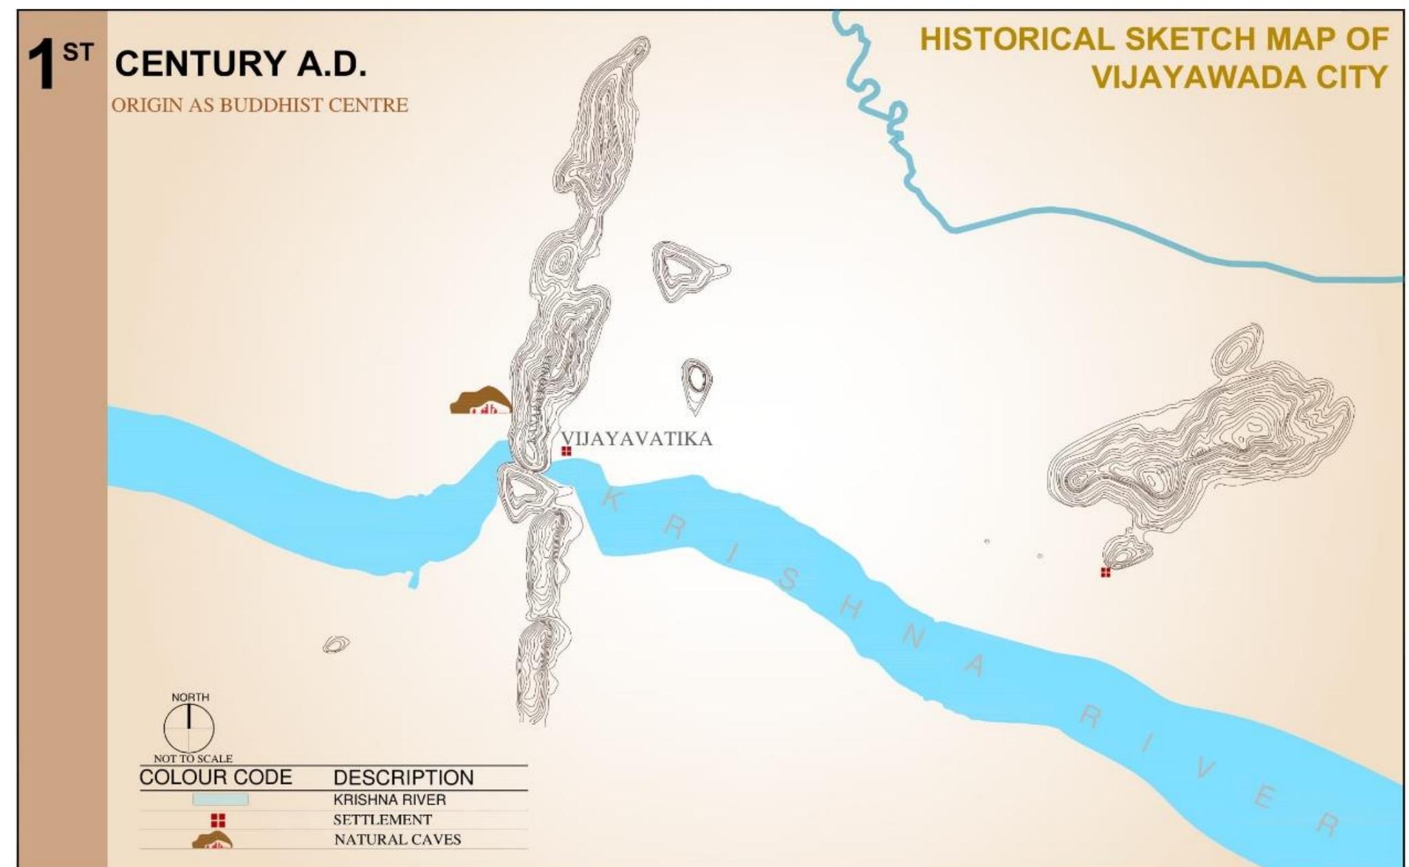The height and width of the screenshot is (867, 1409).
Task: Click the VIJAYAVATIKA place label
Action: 636,439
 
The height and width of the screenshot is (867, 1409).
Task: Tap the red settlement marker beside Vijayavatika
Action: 566,451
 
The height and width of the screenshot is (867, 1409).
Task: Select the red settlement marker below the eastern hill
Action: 1105,573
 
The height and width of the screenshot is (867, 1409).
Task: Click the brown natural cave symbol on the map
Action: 480,401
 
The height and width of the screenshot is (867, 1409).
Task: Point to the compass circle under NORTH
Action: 189,728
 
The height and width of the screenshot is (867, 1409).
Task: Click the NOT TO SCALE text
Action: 193,759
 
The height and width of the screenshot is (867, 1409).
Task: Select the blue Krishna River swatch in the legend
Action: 220,800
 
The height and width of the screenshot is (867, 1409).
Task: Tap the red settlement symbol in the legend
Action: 218,820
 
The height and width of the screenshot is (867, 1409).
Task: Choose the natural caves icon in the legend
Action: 212,840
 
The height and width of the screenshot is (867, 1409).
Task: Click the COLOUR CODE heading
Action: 216,778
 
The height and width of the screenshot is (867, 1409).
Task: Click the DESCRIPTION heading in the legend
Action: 404,778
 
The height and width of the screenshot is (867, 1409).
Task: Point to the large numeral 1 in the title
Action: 42,65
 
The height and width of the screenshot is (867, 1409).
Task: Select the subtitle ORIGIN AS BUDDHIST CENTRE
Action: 259,105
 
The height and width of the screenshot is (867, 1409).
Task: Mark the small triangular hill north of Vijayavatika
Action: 683,270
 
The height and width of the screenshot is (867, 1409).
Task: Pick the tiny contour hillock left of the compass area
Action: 336,644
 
